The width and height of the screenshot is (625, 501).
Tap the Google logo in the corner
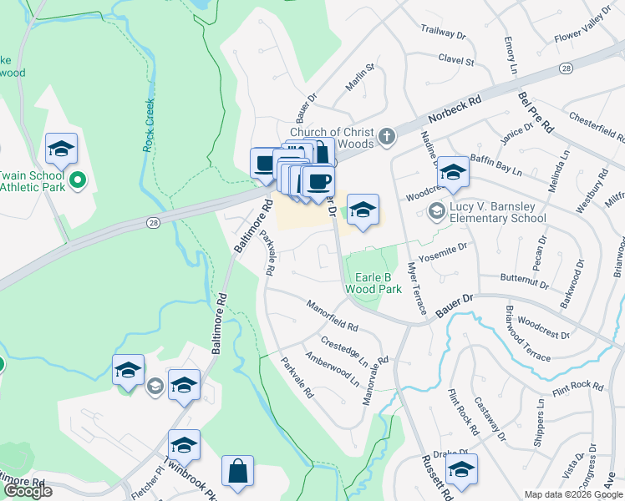pyautogui.click(x=28, y=491)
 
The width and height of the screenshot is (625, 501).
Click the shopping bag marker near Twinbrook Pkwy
pyautogui.click(x=238, y=472)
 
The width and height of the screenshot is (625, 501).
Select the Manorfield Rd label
pyautogui.click(x=331, y=316)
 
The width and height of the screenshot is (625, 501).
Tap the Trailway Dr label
pyautogui.click(x=444, y=32)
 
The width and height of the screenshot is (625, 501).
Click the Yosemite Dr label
pyautogui.click(x=445, y=248)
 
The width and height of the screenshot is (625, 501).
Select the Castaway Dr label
pyautogui.click(x=486, y=419)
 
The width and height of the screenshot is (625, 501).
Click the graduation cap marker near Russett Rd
pyautogui.click(x=460, y=469)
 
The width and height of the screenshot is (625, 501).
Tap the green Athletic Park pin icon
pyautogui.click(x=77, y=179)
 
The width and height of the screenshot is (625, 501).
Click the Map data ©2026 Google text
pyautogui.click(x=572, y=494)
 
